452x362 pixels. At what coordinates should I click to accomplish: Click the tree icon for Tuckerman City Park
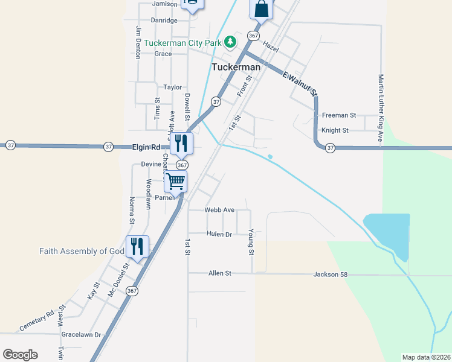coord(230,42)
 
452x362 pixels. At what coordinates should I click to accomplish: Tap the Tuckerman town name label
coord(236,67)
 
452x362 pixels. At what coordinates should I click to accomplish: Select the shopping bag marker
coord(262,9)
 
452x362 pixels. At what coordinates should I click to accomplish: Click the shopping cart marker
coord(175,180)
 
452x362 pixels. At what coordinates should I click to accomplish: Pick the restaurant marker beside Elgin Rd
coord(181,143)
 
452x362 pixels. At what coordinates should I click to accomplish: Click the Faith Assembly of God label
coord(82,251)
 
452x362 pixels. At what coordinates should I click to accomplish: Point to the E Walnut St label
coord(300,83)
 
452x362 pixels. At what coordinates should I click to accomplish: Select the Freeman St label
coord(339,115)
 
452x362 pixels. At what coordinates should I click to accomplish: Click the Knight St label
coord(335,130)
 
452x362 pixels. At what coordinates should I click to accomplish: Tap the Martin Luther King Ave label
coord(381,109)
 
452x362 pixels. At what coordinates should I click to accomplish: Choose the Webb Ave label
coord(219,210)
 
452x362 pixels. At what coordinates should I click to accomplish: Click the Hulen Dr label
coord(219,233)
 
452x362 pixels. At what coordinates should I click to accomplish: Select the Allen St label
coord(220,273)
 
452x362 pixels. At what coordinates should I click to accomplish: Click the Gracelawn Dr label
coord(80,334)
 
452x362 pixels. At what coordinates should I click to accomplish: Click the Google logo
coord(20,355)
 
